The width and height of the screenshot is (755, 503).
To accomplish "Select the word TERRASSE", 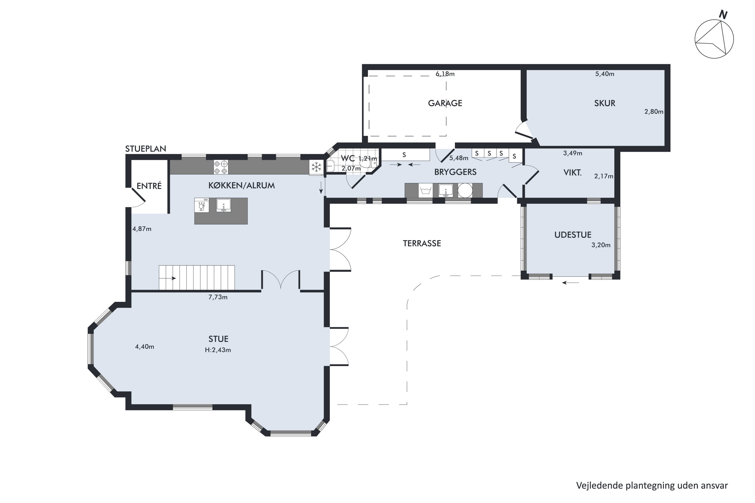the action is [422, 243].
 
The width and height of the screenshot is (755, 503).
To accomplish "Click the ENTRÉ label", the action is [149, 186].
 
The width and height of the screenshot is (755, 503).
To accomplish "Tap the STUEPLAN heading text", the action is [145, 149].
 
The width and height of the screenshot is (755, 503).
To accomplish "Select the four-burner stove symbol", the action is [221, 167].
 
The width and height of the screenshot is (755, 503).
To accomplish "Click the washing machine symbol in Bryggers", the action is [426, 191].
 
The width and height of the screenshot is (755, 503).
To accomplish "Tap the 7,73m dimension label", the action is [218, 297].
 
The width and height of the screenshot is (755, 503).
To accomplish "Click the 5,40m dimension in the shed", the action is [605, 74].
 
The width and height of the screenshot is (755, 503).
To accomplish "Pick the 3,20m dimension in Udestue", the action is [601, 245].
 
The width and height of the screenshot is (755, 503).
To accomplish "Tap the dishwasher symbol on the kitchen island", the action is [202, 205].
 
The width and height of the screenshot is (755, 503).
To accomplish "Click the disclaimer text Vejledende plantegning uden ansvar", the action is [652, 485].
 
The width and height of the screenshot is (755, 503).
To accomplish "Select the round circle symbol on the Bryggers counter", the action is [465, 190].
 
